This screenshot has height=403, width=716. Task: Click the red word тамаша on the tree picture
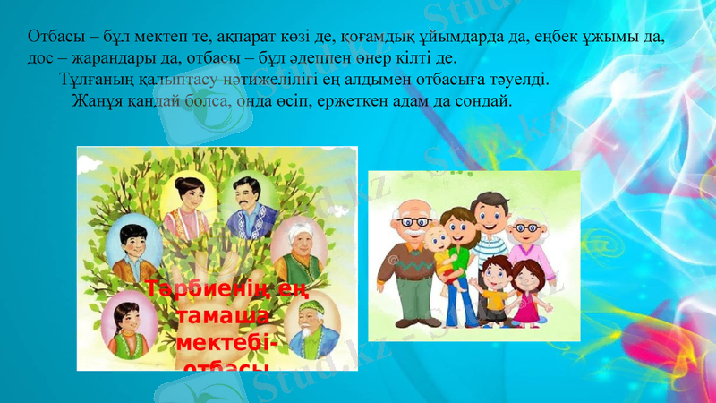click(222, 319)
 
